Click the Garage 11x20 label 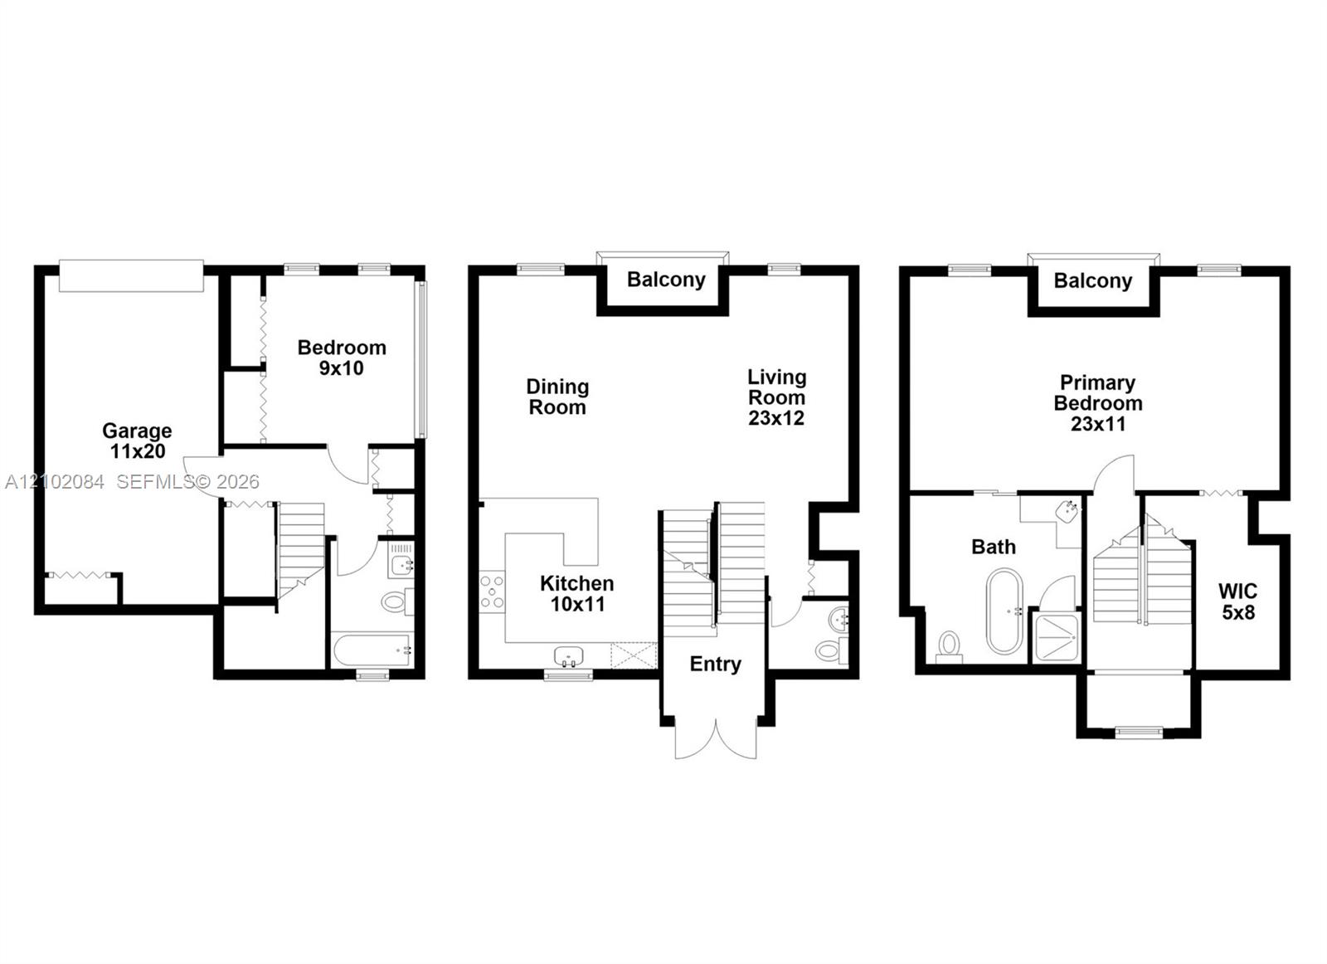137,441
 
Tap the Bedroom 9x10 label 341,358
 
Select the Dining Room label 557,397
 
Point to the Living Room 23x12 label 776,397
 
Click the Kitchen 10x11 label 577,594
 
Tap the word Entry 715,665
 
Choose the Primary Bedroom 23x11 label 1098,403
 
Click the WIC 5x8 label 1237,601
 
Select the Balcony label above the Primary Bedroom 1093,281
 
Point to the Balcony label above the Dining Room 666,280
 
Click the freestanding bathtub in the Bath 1004,611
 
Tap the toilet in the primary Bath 950,646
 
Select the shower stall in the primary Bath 1055,637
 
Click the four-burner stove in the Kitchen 493,591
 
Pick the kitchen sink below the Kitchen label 569,656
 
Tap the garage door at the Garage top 132,275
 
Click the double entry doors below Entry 716,739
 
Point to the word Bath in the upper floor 994,547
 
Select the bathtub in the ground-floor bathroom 372,650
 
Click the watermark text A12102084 55,482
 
